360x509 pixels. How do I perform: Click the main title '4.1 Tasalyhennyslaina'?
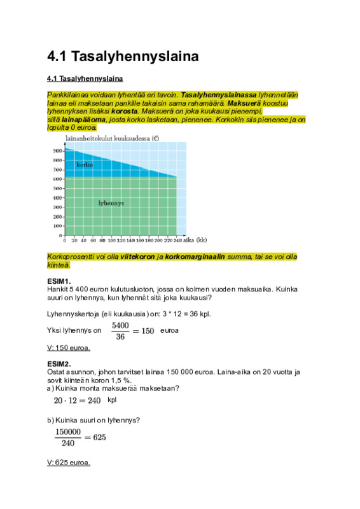point(123,57)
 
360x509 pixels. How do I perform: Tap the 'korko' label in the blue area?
point(85,165)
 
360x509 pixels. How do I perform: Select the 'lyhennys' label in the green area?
point(111,203)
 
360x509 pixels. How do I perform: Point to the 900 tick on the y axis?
point(57,150)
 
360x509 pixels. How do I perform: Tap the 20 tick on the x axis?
point(74,241)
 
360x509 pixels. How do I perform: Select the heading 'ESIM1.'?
point(59,281)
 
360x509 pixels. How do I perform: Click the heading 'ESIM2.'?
point(59,364)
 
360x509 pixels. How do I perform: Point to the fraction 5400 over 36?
point(120,331)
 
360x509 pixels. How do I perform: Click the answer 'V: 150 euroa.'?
point(69,348)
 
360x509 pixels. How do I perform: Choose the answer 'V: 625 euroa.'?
point(69,463)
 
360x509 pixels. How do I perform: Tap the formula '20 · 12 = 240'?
point(78,400)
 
